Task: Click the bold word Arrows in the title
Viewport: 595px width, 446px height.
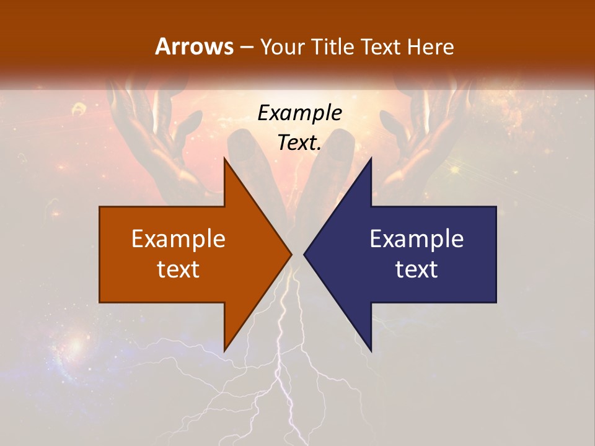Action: (195, 47)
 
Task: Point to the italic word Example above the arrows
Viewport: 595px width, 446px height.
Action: (300, 113)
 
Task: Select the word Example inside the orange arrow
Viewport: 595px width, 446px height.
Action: (178, 239)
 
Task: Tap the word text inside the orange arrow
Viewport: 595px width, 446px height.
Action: (178, 269)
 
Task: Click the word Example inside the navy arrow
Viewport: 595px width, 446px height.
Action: (416, 239)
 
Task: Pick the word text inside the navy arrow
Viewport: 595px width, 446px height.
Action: (416, 269)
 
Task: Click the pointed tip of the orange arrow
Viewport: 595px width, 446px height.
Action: (291, 254)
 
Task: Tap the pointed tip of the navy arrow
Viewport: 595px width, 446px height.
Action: (305, 254)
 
